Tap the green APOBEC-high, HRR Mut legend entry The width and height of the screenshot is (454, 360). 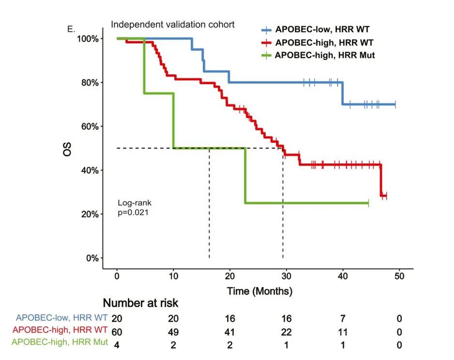(319, 55)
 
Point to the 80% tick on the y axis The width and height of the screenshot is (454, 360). (90, 82)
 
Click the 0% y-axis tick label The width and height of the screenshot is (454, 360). (92, 258)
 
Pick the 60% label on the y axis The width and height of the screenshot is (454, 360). (90, 126)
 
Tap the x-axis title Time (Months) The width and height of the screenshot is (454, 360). (260, 292)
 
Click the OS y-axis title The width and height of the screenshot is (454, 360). (67, 148)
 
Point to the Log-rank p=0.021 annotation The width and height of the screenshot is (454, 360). (135, 207)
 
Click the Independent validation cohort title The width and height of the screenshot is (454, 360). (173, 24)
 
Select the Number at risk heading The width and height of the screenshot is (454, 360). (140, 303)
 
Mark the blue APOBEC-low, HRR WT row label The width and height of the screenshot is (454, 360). (61, 318)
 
